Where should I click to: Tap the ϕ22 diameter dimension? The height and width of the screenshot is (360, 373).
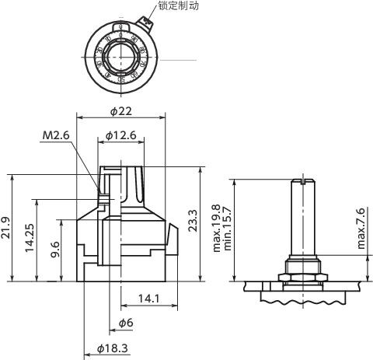[120, 111]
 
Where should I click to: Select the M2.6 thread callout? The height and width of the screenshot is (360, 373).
[56, 135]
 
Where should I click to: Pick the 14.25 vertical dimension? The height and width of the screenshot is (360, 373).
[30, 240]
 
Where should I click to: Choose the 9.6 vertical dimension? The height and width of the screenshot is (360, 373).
[55, 250]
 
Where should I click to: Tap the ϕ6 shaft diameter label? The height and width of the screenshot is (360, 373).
[125, 323]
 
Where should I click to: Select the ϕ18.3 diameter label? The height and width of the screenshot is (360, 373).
[113, 349]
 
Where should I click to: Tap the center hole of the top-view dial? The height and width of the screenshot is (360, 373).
[121, 54]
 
